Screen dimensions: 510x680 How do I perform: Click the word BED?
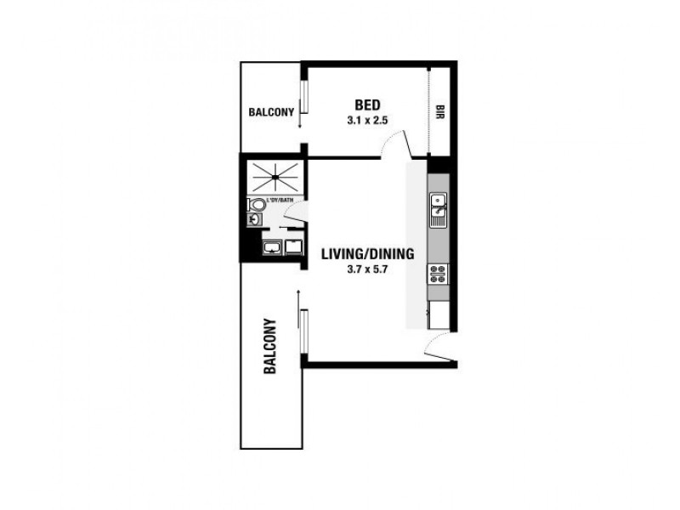366,105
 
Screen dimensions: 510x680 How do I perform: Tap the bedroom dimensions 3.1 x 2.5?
367,121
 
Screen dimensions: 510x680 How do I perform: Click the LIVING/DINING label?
367,252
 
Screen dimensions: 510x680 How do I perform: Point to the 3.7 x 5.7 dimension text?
367,269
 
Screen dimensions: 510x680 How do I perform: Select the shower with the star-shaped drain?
274,177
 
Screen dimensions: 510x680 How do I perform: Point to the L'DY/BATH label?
280,201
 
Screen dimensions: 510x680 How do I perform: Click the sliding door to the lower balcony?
302,327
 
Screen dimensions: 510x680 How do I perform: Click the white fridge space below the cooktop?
439,315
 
